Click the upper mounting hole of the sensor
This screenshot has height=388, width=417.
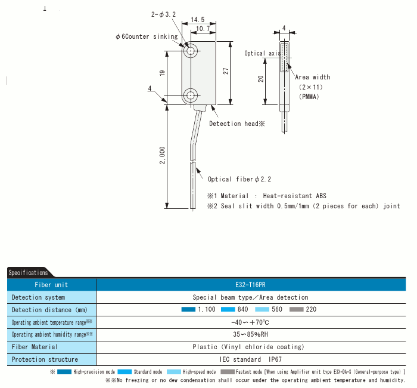(x=191, y=50)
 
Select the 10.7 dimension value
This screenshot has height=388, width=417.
(x=203, y=29)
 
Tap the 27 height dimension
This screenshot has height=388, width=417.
(x=226, y=70)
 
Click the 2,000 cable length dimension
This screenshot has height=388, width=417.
(x=163, y=155)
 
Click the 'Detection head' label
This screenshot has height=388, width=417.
(x=236, y=124)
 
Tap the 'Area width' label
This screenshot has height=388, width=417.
(x=313, y=77)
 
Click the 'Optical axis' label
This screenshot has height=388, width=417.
(x=262, y=53)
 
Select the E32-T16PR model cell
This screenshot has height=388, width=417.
(x=250, y=285)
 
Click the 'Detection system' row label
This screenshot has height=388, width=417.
(x=39, y=297)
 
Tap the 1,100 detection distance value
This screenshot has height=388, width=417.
(x=206, y=309)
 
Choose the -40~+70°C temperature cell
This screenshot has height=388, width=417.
(x=250, y=322)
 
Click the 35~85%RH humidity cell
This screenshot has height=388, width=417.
(x=250, y=334)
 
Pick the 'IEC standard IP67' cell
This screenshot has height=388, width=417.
(x=250, y=359)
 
